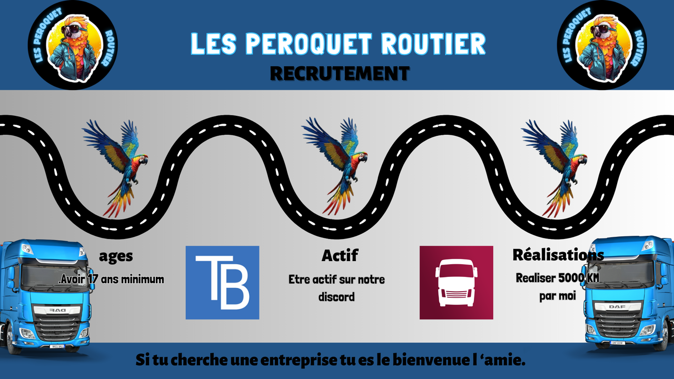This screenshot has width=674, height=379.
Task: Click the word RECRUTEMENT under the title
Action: [x=340, y=74]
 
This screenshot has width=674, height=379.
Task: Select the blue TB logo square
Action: [x=222, y=283]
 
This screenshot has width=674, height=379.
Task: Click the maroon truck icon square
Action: [x=456, y=283]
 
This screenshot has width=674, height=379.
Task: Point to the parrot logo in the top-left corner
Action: [x=72, y=45]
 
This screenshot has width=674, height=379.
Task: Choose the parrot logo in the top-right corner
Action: [x=602, y=45]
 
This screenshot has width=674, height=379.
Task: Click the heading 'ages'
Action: [x=116, y=256]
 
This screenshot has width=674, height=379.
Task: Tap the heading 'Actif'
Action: [x=340, y=256]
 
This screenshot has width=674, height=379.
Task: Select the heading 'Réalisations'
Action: [x=558, y=255]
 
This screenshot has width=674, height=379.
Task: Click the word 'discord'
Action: [x=336, y=297]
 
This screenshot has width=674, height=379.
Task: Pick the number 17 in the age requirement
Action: [x=93, y=279]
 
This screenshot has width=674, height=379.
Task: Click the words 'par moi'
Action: [x=558, y=296]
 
